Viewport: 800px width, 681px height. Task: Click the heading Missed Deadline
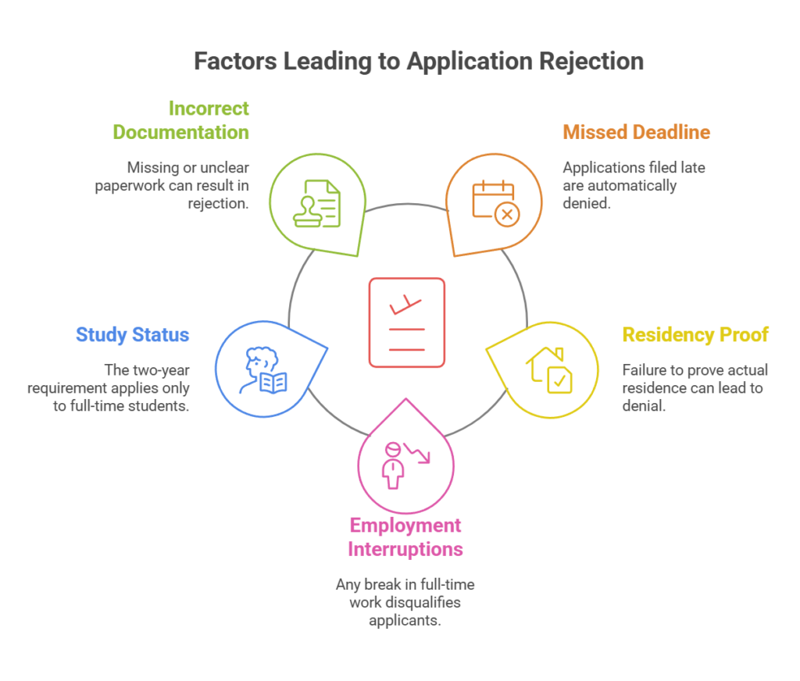pos(636,132)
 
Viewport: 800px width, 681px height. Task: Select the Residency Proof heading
pos(695,335)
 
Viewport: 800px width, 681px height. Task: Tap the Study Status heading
pos(133,335)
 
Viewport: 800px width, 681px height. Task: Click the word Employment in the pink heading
pos(405,526)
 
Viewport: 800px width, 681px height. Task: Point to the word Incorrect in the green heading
pos(209,108)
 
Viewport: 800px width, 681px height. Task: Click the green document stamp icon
pos(316,204)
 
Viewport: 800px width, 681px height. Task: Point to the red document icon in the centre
pos(406,322)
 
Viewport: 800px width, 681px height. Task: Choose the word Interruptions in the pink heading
pos(405,549)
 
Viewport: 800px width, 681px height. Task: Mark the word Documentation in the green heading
pos(181,132)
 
